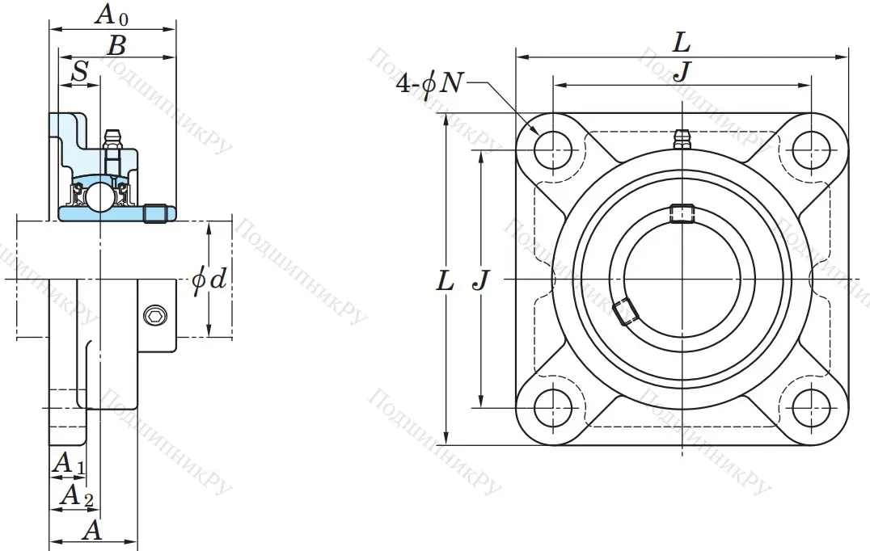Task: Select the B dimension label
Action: pyautogui.click(x=116, y=44)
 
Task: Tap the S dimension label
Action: pyautogui.click(x=79, y=71)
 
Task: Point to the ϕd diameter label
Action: pyautogui.click(x=209, y=280)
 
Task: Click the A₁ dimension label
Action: pyautogui.click(x=68, y=464)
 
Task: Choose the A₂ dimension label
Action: pyautogui.click(x=74, y=494)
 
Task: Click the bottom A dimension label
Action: pyautogui.click(x=93, y=530)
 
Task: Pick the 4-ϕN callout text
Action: pyautogui.click(x=429, y=82)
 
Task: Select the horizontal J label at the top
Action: pyautogui.click(x=682, y=71)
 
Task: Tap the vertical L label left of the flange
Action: pyautogui.click(x=444, y=280)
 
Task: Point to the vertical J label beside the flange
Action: pyautogui.click(x=480, y=280)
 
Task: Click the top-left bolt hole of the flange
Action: pyautogui.click(x=553, y=149)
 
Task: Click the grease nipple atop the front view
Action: pyautogui.click(x=682, y=139)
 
